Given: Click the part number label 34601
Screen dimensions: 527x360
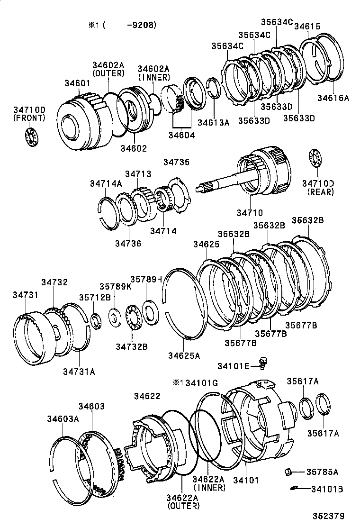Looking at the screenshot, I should point(77,83).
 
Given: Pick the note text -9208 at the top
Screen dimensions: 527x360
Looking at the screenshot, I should point(141,25).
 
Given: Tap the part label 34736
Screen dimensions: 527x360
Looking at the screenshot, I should point(127,243).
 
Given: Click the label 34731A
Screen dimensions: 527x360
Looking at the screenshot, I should point(79,372).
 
